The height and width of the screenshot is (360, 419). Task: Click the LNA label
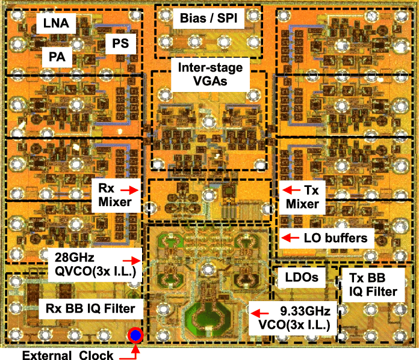coord(55,24)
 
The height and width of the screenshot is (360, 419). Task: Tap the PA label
coord(57,58)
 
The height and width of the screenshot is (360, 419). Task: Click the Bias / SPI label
coord(209,18)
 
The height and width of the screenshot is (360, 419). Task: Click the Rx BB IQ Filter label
coord(91,309)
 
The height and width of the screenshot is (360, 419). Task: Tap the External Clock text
coord(63,355)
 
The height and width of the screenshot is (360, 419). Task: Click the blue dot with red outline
coord(136,335)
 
